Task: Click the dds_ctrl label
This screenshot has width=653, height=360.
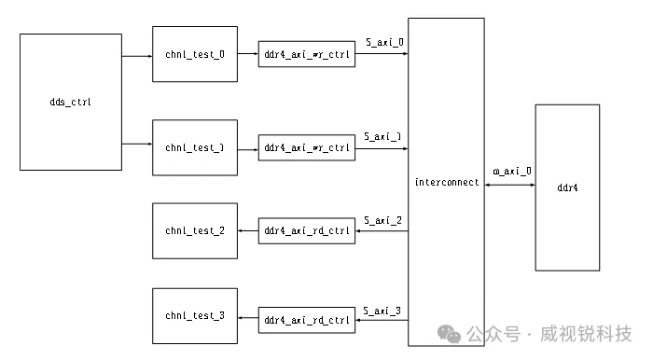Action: pos(70,102)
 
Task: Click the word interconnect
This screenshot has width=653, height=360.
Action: pos(447,182)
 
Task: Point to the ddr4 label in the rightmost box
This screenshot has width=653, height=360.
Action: pos(567,187)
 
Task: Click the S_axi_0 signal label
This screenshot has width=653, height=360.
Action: pos(384,42)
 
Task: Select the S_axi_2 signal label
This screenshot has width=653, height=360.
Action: pos(382,220)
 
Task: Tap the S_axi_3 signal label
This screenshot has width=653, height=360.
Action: pos(382,311)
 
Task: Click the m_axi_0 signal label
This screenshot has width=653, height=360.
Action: pos(512,171)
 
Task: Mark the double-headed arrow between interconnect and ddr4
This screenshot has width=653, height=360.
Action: pos(509,185)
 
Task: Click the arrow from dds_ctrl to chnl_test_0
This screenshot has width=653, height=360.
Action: pos(137,56)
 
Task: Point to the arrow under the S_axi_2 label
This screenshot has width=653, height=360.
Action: pos(382,231)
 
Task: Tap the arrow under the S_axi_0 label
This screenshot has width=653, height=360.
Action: pos(382,54)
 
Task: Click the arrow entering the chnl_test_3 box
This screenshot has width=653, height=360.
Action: pos(248,318)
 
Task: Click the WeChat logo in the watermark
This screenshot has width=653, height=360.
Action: pos(449,334)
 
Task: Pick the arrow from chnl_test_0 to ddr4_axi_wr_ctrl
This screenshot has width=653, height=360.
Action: pos(248,54)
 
